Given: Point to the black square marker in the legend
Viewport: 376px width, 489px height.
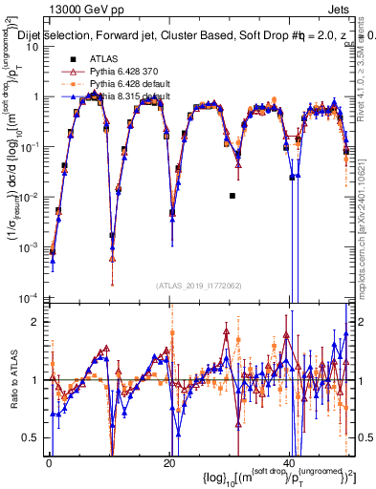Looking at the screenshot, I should click(x=72, y=58).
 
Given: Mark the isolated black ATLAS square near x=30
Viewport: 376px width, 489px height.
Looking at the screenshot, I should click(x=232, y=196).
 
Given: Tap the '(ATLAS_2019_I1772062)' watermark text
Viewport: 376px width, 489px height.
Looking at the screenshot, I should click(x=199, y=286).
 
